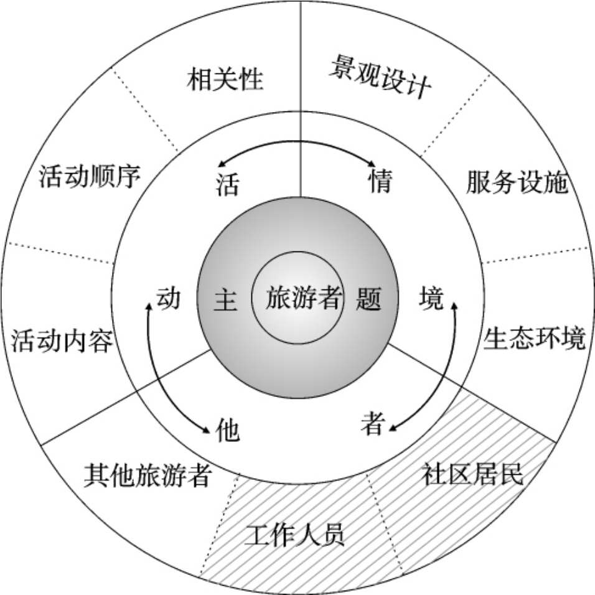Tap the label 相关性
[225, 80]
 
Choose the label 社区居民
[473, 474]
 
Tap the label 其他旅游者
[148, 476]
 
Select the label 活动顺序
[90, 176]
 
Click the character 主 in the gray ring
[225, 300]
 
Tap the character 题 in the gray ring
[368, 300]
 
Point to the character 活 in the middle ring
[228, 184]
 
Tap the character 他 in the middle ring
[227, 431]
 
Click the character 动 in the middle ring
[168, 298]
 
